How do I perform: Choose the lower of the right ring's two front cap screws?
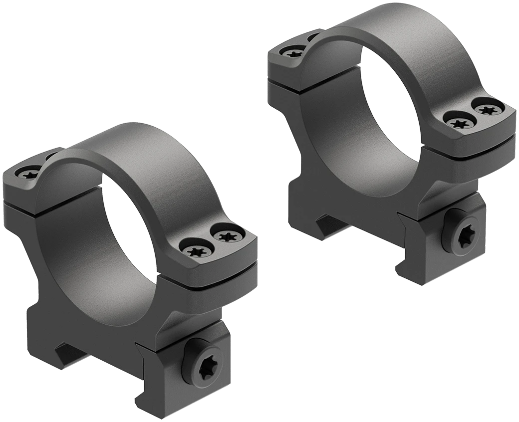(457, 121)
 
